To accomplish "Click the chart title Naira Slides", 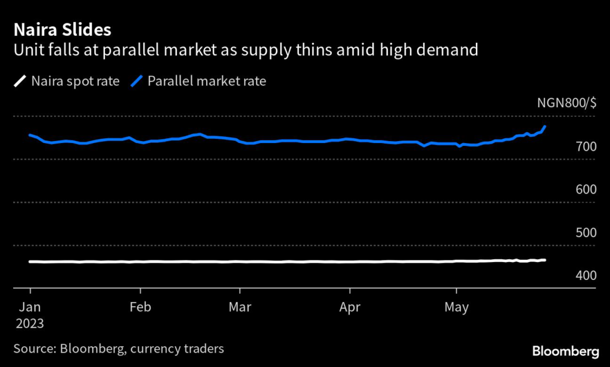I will click(62, 29).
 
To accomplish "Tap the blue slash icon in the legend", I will click(136, 81).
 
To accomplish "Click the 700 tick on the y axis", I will click(586, 147).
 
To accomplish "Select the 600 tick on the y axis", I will click(586, 189).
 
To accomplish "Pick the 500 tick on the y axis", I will click(586, 232).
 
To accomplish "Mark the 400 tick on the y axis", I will click(586, 276).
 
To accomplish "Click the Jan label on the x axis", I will click(30, 308).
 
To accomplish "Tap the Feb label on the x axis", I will click(141, 308).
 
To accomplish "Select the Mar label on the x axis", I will click(240, 308).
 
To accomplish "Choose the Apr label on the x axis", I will click(350, 308).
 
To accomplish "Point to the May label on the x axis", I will click(457, 308).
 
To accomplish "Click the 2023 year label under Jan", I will click(29, 324).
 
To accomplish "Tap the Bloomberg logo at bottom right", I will click(565, 350).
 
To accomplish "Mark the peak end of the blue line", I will click(545, 127).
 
